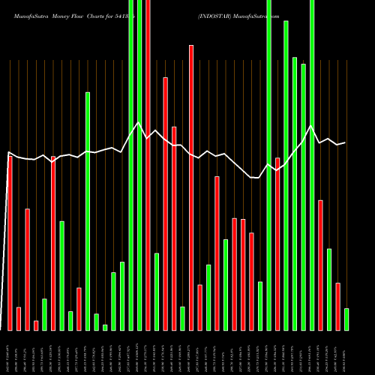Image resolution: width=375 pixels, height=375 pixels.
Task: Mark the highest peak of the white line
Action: (x=138, y=122)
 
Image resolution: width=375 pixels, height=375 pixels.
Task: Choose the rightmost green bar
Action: (x=346, y=319)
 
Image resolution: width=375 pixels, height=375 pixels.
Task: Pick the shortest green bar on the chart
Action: (x=105, y=327)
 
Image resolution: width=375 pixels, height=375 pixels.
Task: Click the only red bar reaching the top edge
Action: (x=148, y=165)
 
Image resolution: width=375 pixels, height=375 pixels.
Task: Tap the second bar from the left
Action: (x=19, y=319)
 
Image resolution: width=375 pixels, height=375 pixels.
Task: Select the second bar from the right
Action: (x=337, y=306)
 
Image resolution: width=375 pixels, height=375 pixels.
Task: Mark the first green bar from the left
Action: (x=44, y=314)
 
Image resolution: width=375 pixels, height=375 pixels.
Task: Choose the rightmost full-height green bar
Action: (x=312, y=165)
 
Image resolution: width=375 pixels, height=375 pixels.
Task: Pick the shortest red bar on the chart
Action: (x=36, y=325)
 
